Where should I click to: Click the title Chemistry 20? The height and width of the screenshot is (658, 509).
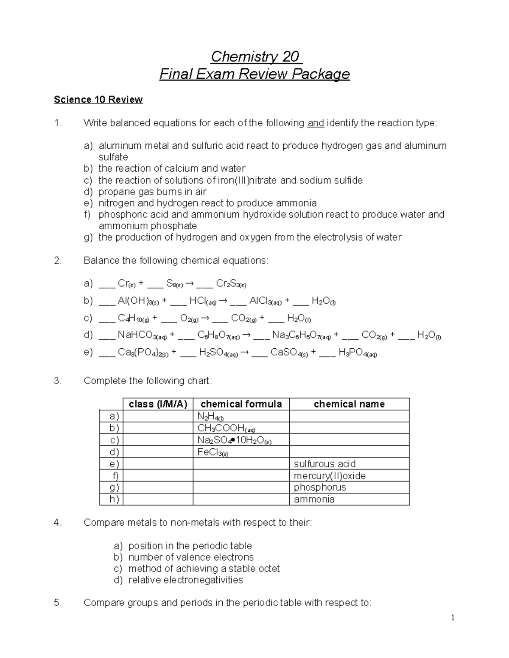point(255,56)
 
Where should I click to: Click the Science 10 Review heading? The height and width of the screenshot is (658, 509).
point(98,100)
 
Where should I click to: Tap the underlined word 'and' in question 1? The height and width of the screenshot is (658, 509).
point(316,123)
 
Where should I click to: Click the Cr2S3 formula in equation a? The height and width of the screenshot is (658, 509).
point(231,283)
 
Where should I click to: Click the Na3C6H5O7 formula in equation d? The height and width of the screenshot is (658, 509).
point(301,336)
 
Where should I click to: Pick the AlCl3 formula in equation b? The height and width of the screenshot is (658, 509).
point(265,301)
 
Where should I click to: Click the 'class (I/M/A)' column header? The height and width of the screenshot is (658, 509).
point(158,404)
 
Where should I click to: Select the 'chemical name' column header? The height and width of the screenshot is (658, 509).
point(349,404)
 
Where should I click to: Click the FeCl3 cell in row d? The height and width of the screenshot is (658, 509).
point(213,452)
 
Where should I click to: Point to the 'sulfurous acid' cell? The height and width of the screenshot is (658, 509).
point(324,464)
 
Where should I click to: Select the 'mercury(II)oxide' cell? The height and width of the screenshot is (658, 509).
point(329,476)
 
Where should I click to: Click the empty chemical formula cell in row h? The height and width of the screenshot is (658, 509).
point(241,499)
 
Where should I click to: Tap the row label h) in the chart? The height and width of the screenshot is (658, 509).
point(114,499)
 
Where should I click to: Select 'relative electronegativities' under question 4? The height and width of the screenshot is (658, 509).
point(185,580)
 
